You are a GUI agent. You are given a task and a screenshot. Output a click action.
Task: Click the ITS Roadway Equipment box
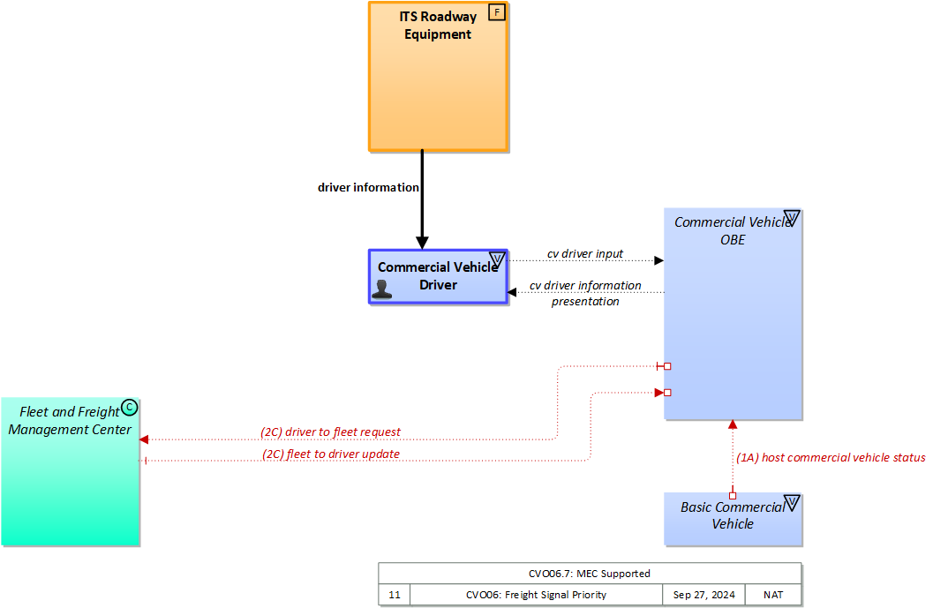pos(438,88)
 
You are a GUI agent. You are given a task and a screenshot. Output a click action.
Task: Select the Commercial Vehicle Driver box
pos(438,277)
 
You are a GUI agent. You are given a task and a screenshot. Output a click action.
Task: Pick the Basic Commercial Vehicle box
pos(733,519)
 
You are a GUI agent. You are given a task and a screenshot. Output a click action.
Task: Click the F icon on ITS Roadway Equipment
pos(496,13)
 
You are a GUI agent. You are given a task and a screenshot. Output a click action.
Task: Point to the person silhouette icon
pos(382,289)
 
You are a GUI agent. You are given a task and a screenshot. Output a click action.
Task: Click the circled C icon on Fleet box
pos(129,407)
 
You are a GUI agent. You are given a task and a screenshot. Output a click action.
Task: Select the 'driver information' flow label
pos(368,188)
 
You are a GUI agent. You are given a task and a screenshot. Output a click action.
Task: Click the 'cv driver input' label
pos(584,254)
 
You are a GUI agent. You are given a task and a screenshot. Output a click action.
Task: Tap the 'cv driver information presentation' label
pos(585,294)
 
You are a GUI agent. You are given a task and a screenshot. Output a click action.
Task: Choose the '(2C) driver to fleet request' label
pos(330,432)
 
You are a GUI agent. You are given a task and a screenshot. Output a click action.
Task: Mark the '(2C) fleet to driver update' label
pos(331,454)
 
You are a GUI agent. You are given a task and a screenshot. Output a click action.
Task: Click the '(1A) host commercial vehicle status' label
pos(831,458)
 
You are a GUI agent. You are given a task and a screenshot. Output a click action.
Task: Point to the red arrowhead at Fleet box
pos(144,439)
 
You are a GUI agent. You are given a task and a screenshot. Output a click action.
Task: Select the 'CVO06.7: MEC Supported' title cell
pos(590,574)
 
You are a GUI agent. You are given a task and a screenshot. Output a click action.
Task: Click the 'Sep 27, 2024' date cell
pos(704,595)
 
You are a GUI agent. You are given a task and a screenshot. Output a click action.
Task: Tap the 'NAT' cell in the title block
pos(773,595)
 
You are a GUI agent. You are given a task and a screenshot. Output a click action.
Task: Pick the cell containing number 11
pos(394,595)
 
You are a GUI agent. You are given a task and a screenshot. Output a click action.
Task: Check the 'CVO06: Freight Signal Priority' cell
pos(536,595)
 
